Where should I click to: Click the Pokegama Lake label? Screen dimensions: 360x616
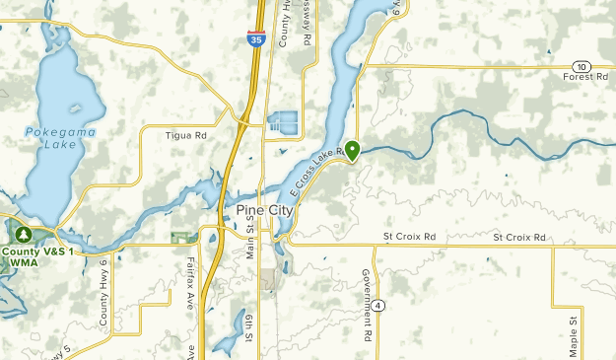tap(46, 136)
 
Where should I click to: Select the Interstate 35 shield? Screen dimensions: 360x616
tap(254, 38)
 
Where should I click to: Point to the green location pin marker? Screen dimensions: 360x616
tap(352, 151)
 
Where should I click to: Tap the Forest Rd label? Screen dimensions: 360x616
tap(587, 77)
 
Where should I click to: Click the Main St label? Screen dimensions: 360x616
tap(251, 242)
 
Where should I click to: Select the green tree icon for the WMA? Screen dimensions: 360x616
tap(22, 235)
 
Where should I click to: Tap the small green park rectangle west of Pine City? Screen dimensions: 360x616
tap(180, 238)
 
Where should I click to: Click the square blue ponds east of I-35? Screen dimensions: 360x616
tap(284, 123)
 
